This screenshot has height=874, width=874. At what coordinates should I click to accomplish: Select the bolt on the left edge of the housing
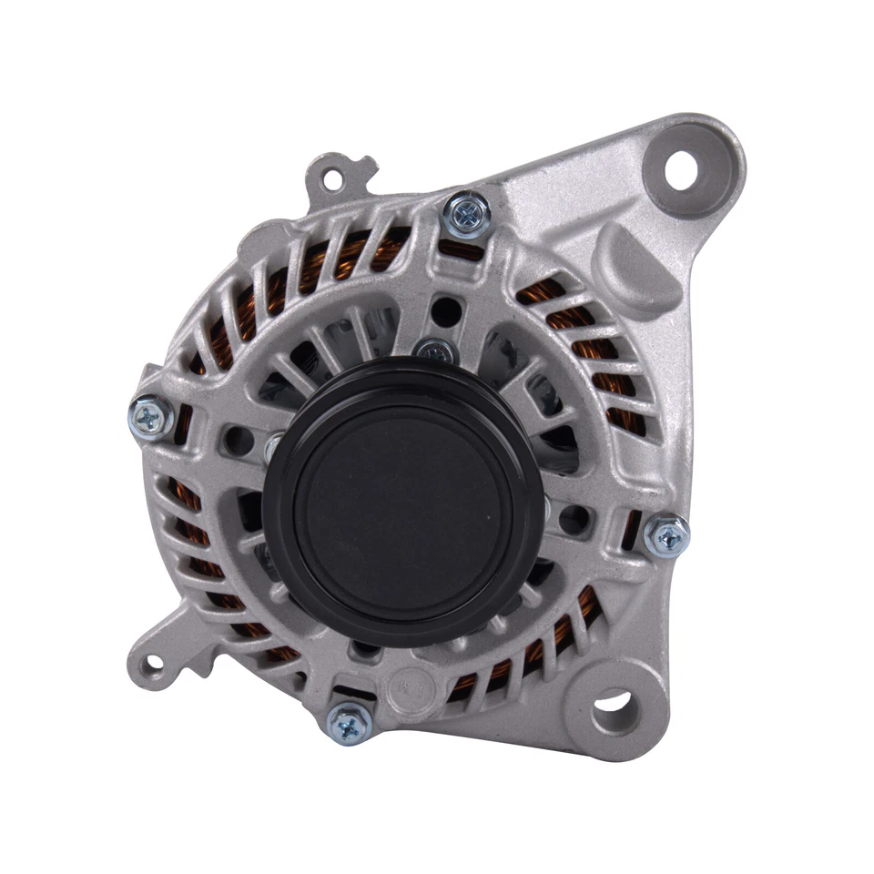pos(151,418)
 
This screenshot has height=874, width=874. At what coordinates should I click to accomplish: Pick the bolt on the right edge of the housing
pos(666,535)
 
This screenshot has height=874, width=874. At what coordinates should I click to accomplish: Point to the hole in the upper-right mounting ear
pos(680,172)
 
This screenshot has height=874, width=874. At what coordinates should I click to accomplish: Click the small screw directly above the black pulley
pos(434,351)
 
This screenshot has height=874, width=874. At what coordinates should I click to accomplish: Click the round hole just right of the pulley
pos(574,520)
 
